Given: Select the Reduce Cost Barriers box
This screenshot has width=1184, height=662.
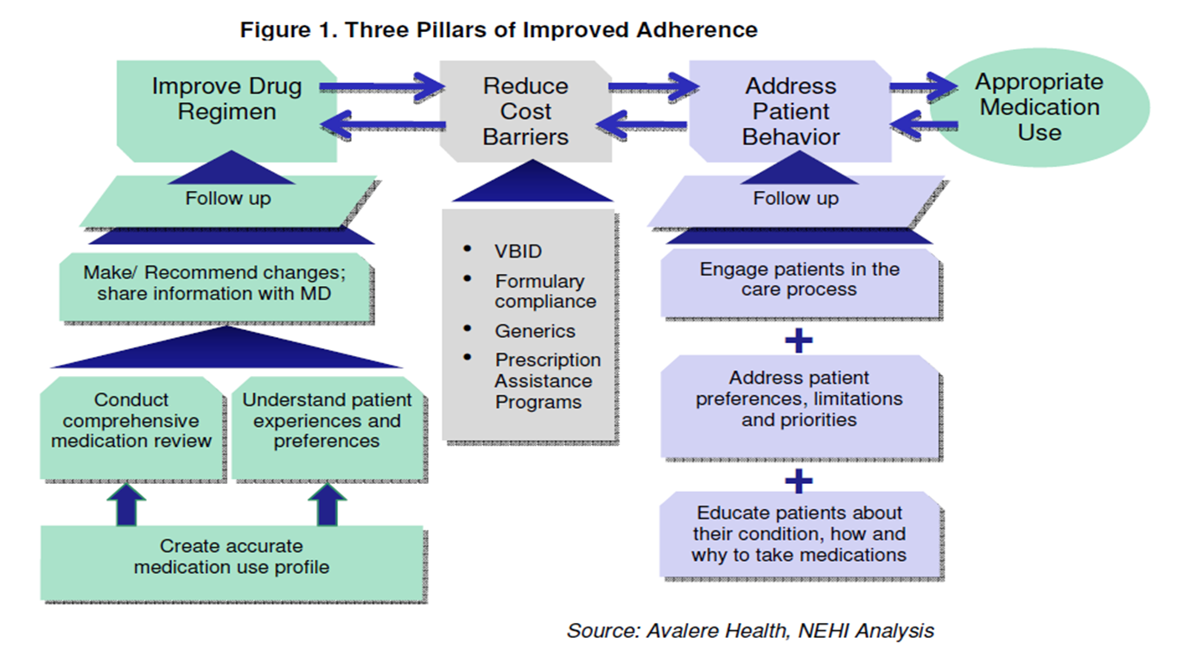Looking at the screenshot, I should click(525, 111).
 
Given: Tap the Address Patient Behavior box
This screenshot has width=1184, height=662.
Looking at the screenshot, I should click(791, 111).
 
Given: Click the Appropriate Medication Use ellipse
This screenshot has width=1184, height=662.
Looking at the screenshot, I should click(1040, 107).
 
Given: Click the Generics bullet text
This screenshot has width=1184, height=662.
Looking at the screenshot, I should click(535, 331).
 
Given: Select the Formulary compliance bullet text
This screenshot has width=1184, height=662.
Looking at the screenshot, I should click(544, 291).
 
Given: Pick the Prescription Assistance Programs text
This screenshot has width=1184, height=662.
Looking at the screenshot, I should click(547, 381).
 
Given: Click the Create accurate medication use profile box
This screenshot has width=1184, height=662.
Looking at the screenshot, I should click(231, 557).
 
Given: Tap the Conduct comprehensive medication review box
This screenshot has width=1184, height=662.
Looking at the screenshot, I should click(131, 422).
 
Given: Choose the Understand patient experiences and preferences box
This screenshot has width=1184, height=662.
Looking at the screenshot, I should click(327, 422).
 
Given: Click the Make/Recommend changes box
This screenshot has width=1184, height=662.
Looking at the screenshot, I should click(214, 283).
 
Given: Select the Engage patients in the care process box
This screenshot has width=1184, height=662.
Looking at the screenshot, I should click(799, 280).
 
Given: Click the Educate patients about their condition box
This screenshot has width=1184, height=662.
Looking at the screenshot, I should click(799, 534).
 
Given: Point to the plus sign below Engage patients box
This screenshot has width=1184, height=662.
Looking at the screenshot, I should click(799, 341).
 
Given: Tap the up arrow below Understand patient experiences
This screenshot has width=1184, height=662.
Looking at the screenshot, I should click(327, 504).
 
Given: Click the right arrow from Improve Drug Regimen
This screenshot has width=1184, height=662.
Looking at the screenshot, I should click(380, 86).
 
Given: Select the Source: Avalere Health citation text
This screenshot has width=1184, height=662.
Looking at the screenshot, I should click(750, 631).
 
